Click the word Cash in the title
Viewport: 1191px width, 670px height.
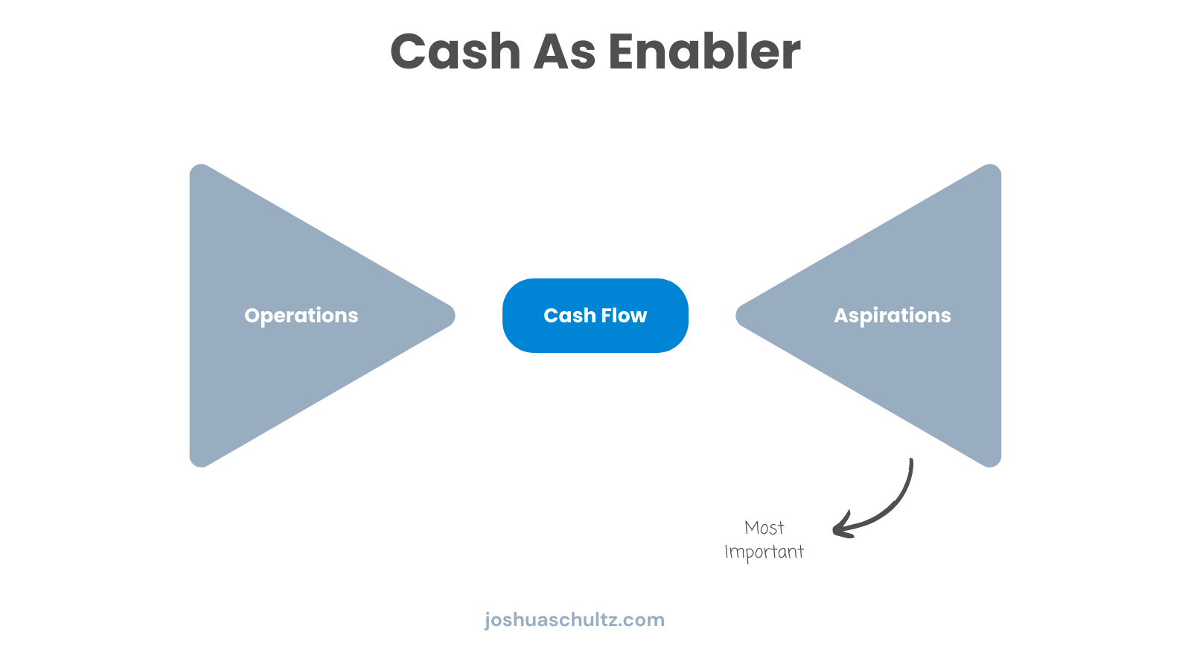click(x=456, y=52)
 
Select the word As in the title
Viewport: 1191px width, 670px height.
click(x=565, y=52)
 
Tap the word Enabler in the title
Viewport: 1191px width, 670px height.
click(x=704, y=52)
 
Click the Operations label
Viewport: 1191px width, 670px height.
click(x=301, y=316)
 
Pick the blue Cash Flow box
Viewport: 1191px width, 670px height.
click(x=595, y=316)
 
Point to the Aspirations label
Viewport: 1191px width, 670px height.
click(x=892, y=316)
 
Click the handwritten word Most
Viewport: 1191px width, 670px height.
click(x=764, y=528)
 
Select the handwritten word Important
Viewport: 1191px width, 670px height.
click(x=764, y=552)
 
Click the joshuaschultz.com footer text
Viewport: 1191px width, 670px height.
click(x=574, y=619)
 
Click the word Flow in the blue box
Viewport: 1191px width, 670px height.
click(x=624, y=316)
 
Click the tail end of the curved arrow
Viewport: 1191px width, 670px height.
click(x=911, y=461)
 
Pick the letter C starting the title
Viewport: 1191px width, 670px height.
click(x=413, y=52)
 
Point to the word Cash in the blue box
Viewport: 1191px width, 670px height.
click(x=569, y=316)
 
